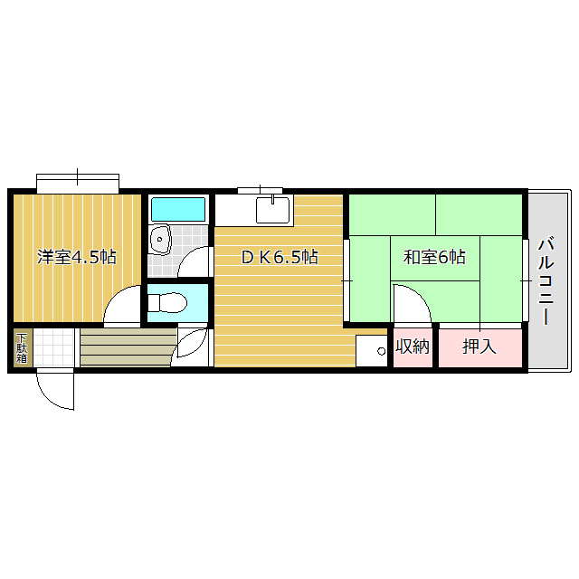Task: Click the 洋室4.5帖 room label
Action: tap(76, 257)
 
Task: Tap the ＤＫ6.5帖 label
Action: tap(279, 257)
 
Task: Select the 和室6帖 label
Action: tap(434, 257)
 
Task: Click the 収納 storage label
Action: tap(413, 346)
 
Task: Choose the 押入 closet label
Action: tap(479, 346)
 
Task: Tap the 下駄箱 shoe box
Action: tap(21, 348)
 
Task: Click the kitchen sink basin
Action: tap(272, 210)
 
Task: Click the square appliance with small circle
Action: tap(371, 350)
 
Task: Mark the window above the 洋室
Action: tap(78, 182)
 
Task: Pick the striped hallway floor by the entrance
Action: tap(127, 348)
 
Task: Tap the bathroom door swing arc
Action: tap(194, 263)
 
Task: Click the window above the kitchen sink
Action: tap(261, 190)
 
